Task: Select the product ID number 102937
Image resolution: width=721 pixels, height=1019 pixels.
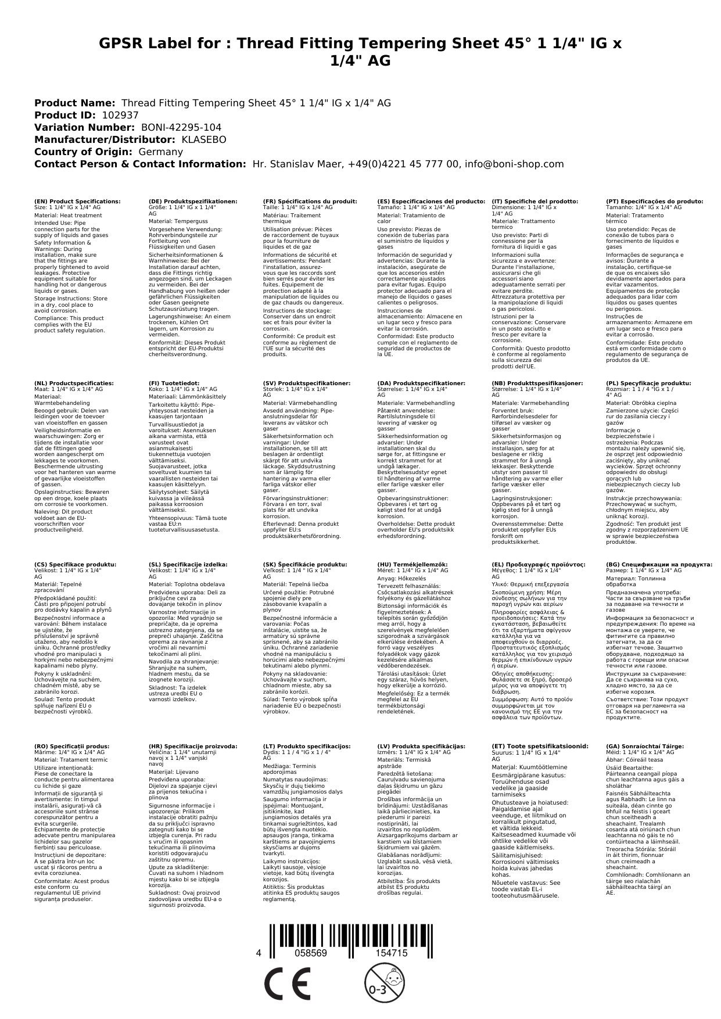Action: pos(120,115)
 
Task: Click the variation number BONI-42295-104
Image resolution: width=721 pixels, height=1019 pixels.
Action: pos(181,127)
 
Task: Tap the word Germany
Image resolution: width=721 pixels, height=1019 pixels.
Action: pos(160,152)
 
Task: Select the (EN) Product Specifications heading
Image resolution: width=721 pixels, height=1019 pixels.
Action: pos(77,202)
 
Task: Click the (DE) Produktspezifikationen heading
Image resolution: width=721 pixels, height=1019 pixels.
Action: pos(193,202)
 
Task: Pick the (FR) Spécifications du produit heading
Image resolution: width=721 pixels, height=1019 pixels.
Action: pos(310,202)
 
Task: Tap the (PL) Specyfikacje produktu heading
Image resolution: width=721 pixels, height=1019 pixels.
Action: pos(648,383)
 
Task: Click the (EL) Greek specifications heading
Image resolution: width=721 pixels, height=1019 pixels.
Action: pos(538,564)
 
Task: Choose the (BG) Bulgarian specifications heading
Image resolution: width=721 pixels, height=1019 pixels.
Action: pos(659,564)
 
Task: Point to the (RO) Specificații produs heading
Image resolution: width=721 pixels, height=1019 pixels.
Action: pos(72,746)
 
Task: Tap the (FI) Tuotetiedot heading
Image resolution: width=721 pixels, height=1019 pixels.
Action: pos(174,383)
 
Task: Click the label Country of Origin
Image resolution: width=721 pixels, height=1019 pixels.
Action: pos(84,152)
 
